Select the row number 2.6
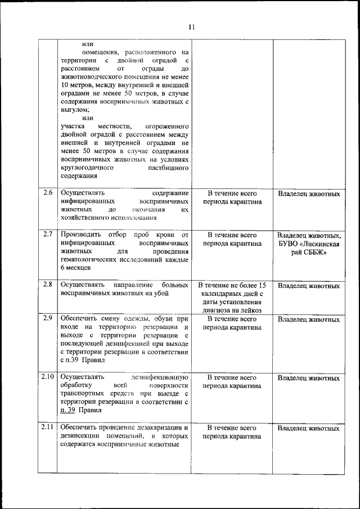[48, 193]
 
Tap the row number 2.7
[48, 234]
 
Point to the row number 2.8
[48, 285]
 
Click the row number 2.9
[48, 318]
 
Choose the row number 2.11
[48, 427]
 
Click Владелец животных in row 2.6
[309, 194]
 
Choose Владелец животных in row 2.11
[309, 429]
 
